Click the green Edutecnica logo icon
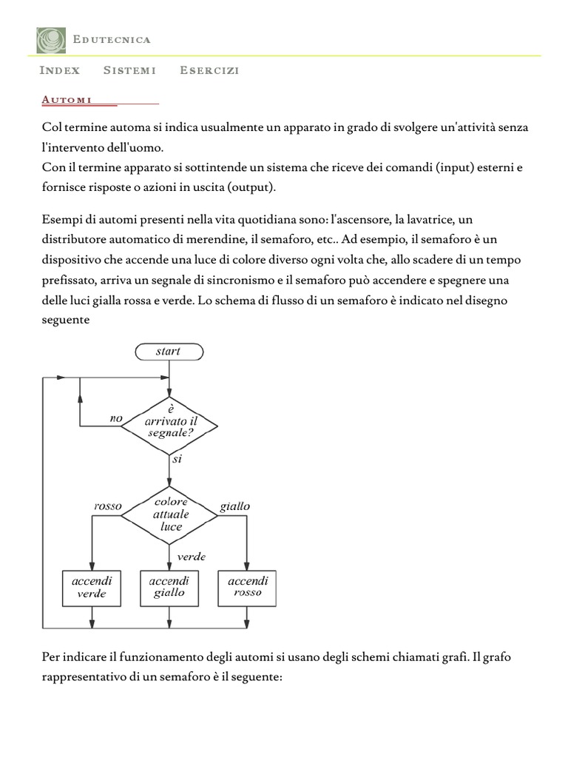coord(50,39)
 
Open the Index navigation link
coord(59,70)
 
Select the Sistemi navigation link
coord(129,70)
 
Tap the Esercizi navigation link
coord(209,70)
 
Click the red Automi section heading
coord(67,98)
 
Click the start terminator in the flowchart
coord(169,352)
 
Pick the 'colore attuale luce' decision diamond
coord(169,514)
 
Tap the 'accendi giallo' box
coord(169,586)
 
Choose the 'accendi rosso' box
coord(248,586)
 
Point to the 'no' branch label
coord(115,418)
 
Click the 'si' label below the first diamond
coord(177,459)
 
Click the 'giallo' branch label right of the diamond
coord(235,506)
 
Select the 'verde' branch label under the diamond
coord(191,556)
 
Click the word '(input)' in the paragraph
coord(441,167)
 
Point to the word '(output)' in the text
coord(250,187)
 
